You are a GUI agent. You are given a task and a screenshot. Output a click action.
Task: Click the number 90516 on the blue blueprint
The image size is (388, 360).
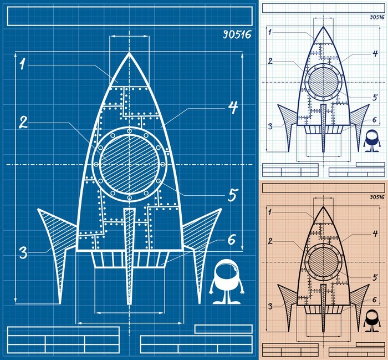click(237, 34)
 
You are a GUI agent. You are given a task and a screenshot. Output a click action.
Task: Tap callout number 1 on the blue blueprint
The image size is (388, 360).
click(23, 64)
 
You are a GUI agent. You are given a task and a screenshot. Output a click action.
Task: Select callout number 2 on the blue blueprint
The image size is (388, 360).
click(23, 122)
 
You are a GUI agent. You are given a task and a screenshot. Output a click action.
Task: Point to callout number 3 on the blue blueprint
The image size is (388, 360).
click(23, 253)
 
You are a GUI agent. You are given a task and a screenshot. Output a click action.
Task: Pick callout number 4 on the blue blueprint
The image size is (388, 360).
click(233, 108)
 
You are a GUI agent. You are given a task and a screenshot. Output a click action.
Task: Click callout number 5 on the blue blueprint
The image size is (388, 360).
click(233, 195)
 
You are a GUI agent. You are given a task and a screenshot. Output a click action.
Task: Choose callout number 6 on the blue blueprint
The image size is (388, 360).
click(232, 240)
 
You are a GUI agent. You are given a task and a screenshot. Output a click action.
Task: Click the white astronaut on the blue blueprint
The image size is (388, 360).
click(227, 282)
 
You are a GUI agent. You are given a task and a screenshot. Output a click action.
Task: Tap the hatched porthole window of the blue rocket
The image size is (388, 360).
click(129, 164)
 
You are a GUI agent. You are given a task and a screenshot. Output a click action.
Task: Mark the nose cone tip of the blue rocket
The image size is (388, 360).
click(129, 53)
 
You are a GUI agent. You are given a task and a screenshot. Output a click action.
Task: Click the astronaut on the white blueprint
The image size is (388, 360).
click(372, 141)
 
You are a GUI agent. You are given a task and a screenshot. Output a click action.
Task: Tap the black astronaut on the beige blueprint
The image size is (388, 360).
click(372, 321)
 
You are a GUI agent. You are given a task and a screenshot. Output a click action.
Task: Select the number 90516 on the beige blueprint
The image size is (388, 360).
click(377, 197)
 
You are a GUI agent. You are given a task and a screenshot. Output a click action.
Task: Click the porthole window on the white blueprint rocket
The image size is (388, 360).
click(323, 82)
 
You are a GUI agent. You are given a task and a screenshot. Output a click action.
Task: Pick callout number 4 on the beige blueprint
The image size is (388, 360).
click(375, 233)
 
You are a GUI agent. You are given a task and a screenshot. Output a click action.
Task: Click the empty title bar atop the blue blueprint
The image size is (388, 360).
click(130, 16)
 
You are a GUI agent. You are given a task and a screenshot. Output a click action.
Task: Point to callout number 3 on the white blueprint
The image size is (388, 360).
click(270, 126)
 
